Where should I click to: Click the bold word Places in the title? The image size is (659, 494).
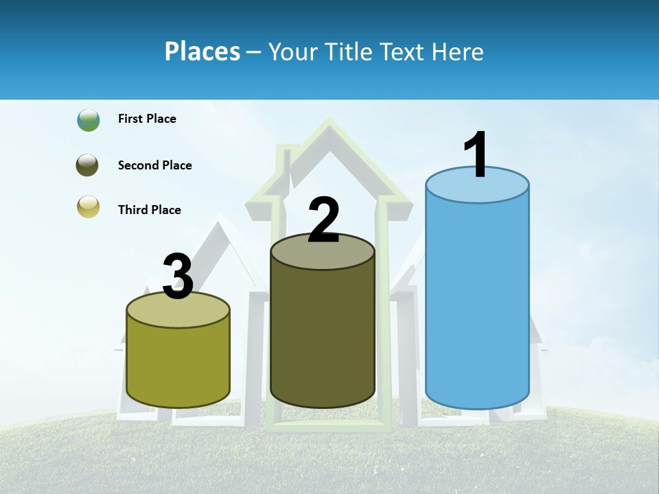tap(203, 51)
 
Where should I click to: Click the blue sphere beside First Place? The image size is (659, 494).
tap(89, 119)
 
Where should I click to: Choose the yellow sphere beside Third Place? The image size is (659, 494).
tap(89, 207)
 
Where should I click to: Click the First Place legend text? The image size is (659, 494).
tap(147, 119)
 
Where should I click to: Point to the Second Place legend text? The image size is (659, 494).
tap(154, 165)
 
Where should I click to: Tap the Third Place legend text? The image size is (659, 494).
tap(149, 210)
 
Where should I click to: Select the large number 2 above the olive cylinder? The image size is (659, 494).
tap(323, 220)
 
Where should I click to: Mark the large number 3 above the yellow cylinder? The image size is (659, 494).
tap(178, 277)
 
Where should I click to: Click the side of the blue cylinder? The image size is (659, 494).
tap(477, 302)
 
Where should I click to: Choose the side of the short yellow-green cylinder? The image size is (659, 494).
tap(178, 364)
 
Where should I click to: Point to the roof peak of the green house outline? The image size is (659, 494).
tap(329, 123)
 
